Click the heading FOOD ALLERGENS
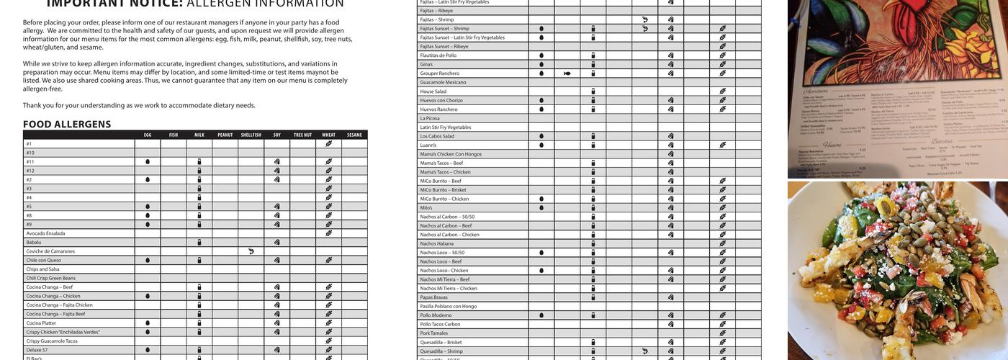[x=67, y=125]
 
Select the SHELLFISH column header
[x=251, y=135]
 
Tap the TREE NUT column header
[x=302, y=135]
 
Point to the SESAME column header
[x=354, y=135]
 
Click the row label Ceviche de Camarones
[x=50, y=251]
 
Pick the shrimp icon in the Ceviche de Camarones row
[x=251, y=251]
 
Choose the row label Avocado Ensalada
[x=45, y=233]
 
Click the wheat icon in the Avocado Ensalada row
[x=329, y=233]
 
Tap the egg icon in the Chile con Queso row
[x=148, y=261]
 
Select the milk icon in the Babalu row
[x=199, y=243]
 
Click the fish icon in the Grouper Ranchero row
[x=567, y=73]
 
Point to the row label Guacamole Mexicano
[x=443, y=82]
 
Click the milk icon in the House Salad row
[x=593, y=91]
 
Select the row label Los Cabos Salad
[x=437, y=136]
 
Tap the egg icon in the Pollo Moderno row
[x=541, y=315]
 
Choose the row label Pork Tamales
[x=434, y=333]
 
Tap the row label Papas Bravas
[x=433, y=297]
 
